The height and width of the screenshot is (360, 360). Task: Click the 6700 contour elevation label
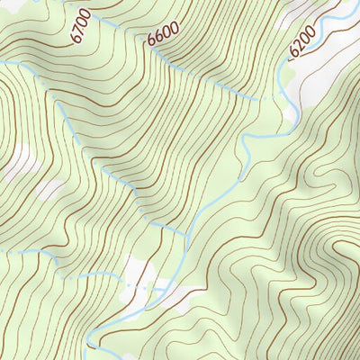pyautogui.click(x=78, y=28)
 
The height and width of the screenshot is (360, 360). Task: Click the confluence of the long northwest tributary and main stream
pyautogui.click(x=187, y=235)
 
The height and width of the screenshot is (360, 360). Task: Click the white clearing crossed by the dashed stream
pyautogui.click(x=137, y=270)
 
